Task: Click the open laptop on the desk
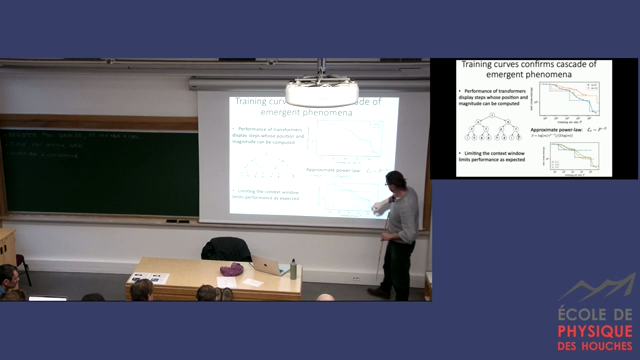(270, 265)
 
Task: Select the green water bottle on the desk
(293, 268)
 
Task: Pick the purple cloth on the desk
(231, 269)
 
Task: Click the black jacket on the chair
(225, 249)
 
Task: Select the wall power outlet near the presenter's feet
(355, 278)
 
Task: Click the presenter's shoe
(376, 292)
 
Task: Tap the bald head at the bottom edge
(325, 297)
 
